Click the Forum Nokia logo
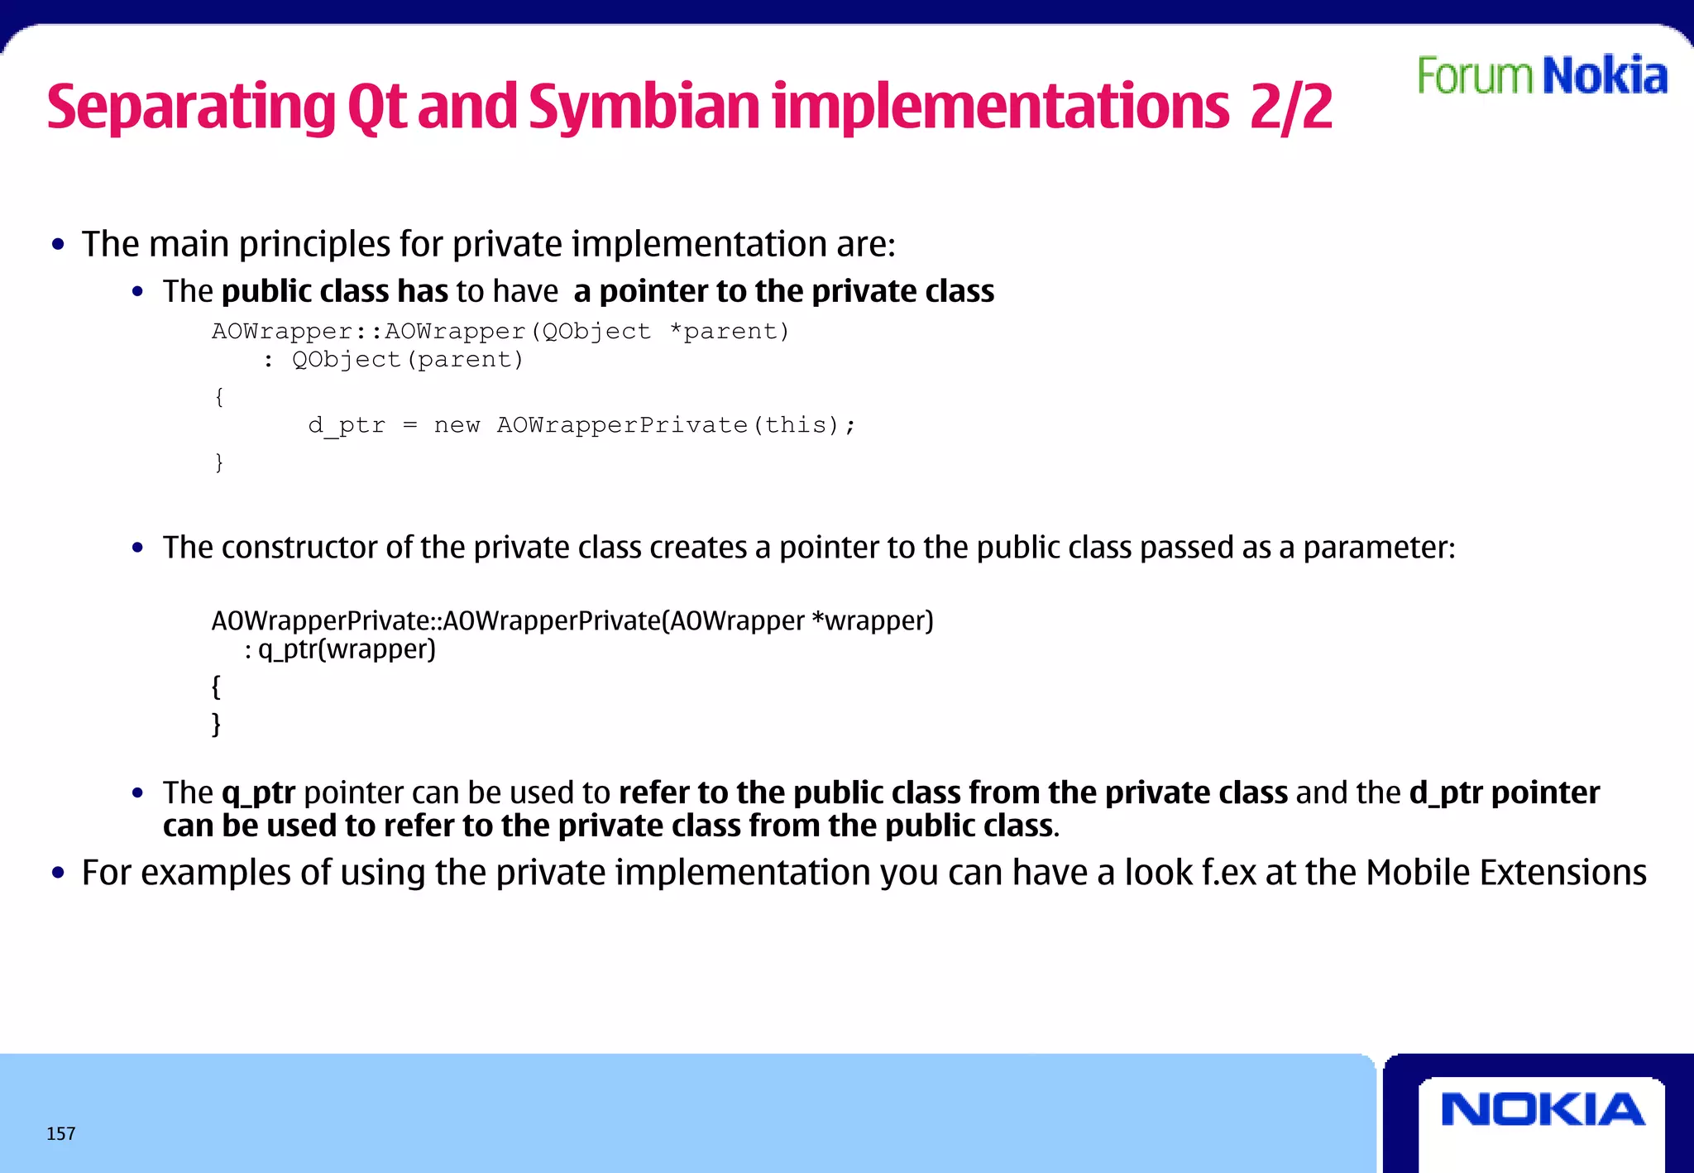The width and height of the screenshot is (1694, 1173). pos(1542,75)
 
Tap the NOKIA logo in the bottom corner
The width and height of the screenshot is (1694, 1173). pos(1543,1110)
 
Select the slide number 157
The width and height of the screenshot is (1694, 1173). pos(61,1133)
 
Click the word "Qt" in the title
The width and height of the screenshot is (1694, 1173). pos(377,107)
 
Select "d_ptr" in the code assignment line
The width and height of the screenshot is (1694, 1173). pos(347,425)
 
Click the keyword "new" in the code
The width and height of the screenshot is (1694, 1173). pos(457,425)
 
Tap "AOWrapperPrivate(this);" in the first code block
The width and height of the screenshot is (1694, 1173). pos(676,425)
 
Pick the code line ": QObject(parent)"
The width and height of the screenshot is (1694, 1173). pos(393,360)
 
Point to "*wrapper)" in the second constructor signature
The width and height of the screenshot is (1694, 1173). pos(873,620)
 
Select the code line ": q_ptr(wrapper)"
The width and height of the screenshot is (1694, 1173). pos(340,649)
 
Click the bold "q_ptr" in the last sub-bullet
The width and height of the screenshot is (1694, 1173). pos(258,792)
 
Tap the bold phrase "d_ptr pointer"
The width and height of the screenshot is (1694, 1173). pos(1504,792)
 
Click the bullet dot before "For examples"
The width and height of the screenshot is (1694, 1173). pos(58,873)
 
